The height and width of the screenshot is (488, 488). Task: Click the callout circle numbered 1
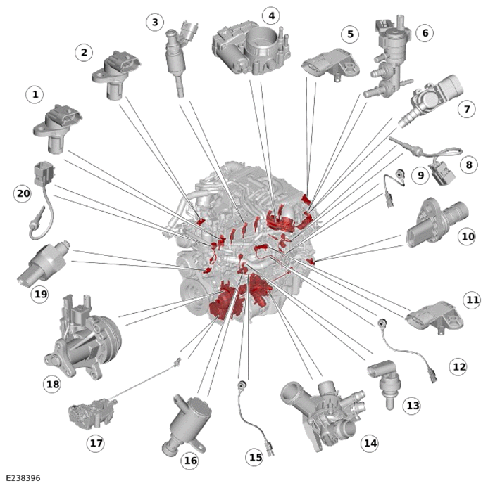tap(35, 94)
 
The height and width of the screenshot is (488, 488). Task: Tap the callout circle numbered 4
tap(271, 15)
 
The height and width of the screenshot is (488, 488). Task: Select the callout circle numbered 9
tap(420, 175)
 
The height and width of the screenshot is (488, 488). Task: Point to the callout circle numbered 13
tap(412, 405)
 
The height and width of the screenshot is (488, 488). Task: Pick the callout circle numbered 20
tap(23, 193)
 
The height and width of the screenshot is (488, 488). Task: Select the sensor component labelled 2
tap(116, 75)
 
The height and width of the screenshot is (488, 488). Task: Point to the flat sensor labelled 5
tap(331, 65)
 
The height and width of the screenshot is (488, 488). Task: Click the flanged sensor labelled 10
tap(437, 223)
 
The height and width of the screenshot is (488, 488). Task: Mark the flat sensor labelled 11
tap(434, 318)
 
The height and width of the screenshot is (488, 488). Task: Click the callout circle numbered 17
tap(96, 442)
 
